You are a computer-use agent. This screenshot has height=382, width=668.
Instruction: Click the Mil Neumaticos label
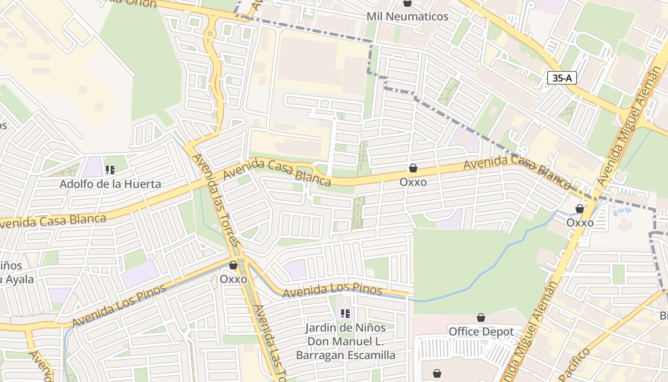[x=407, y=16]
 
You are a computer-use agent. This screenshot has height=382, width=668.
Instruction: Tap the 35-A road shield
[x=562, y=78]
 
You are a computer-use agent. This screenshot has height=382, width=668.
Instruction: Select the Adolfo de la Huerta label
[x=110, y=184]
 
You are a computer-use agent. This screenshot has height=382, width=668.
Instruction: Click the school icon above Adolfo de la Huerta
[x=110, y=170]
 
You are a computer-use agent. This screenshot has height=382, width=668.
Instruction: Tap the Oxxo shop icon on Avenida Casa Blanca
[x=413, y=168]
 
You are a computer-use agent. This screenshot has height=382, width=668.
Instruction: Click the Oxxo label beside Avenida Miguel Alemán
[x=580, y=223]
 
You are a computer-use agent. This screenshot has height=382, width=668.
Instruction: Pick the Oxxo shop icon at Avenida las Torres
[x=233, y=265]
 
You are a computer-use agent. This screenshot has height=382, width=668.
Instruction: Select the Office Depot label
[x=481, y=331]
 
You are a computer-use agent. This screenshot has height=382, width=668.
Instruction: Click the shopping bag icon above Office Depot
[x=481, y=318]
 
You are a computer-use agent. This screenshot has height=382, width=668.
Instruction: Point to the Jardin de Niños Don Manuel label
[x=345, y=341]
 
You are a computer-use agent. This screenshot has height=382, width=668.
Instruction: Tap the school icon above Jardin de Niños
[x=345, y=314]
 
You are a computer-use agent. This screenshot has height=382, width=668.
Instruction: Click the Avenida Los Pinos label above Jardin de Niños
[x=333, y=290]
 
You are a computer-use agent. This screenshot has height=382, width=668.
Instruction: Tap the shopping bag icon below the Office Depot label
[x=437, y=373]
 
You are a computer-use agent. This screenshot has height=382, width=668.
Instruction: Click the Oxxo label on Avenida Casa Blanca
[x=413, y=182]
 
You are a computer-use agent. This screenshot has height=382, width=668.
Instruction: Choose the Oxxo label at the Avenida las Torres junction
[x=233, y=279]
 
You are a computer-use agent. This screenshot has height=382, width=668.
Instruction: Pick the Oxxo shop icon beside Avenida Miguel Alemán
[x=580, y=209]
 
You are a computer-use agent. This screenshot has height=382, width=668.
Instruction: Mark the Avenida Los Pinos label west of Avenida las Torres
[x=119, y=306]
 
